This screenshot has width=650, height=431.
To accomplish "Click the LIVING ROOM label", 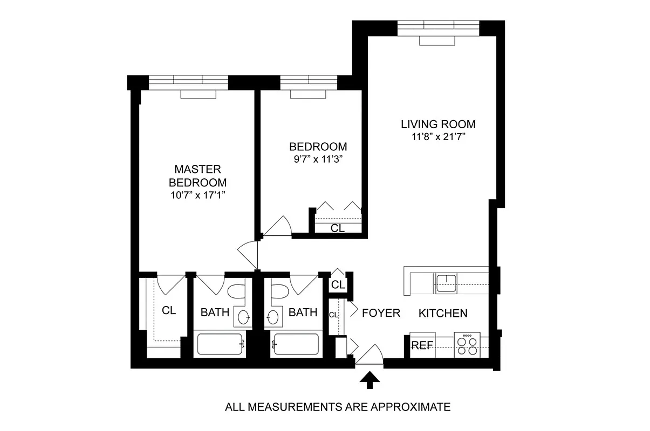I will click(438, 124).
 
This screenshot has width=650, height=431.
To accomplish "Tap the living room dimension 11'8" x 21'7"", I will click(438, 137).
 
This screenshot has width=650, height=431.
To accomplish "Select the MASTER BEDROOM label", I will click(197, 175).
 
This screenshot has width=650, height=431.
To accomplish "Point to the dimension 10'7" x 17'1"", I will click(197, 194).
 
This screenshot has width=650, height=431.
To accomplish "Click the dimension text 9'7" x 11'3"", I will click(318, 159).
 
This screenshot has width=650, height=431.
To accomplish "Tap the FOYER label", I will click(381, 313).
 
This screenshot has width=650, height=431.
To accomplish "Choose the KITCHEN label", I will click(443, 313).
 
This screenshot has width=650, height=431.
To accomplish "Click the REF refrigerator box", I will click(422, 346).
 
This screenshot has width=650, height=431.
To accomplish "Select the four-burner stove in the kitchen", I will click(467, 345).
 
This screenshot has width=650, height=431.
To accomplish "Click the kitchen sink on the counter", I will click(446, 282).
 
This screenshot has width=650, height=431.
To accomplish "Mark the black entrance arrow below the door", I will click(370, 380).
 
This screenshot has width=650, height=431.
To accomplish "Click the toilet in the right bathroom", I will click(279, 293).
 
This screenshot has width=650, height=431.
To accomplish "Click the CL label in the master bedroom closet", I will click(169, 311).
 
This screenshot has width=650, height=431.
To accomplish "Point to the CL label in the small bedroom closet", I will click(338, 228).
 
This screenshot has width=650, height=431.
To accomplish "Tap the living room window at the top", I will click(438, 26).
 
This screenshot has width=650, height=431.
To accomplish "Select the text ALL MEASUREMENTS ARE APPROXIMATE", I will click(337, 407).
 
